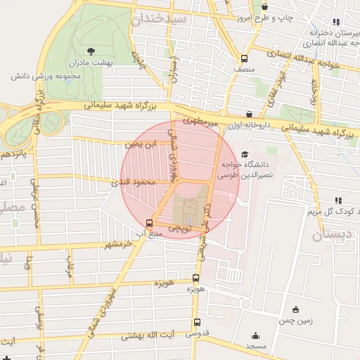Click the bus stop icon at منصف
pyautogui.click(x=244, y=59)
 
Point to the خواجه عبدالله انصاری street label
pyautogui.click(x=309, y=65)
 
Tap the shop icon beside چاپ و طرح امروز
pyautogui.click(x=265, y=7)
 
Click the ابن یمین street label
pyautogui.click(x=138, y=144)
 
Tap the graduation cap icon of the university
pyautogui.click(x=244, y=155)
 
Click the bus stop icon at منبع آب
pyautogui.click(x=139, y=224)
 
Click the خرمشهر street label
pyautogui.click(x=117, y=244)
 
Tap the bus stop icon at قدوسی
pyautogui.click(x=196, y=323)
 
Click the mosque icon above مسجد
pyautogui.click(x=255, y=336)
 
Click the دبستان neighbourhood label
pyautogui.click(x=330, y=235)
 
